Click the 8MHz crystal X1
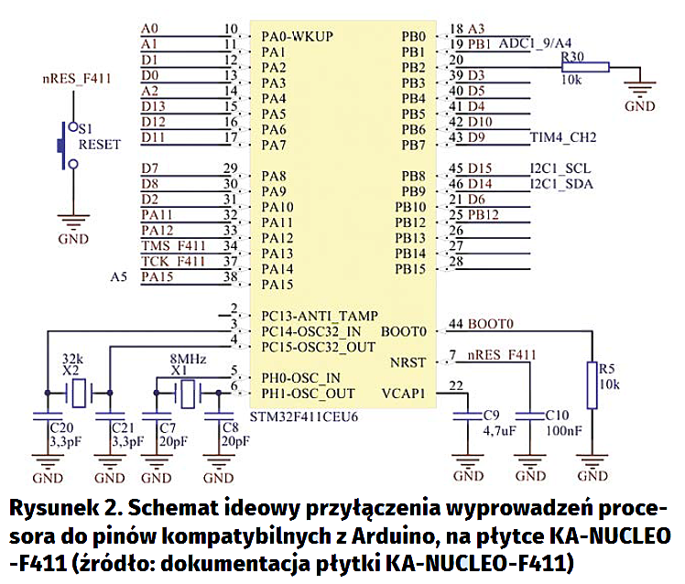pos(189,395)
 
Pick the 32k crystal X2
pos(79,395)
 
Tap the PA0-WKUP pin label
pos(297,37)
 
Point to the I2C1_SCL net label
pos(560,168)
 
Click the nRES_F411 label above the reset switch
pos(78,78)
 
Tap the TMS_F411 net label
pos(174,246)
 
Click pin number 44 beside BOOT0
pos(456,324)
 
